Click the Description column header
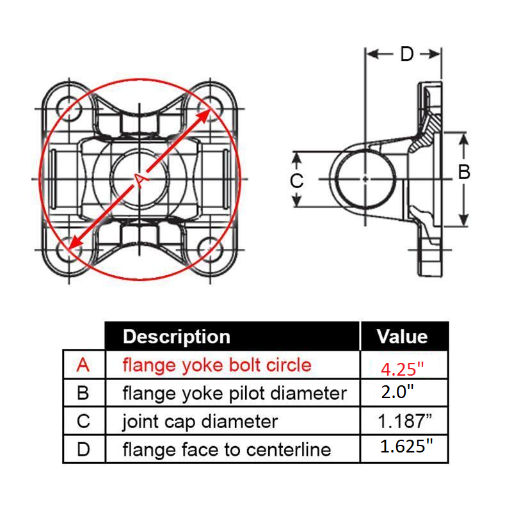click(176, 337)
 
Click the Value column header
click(402, 337)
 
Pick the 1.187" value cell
click(403, 420)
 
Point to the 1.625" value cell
click(403, 446)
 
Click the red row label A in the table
click(83, 365)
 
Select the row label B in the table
click(83, 392)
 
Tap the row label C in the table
click(83, 421)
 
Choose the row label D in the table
click(83, 449)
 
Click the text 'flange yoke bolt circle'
click(216, 365)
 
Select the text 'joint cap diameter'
click(200, 422)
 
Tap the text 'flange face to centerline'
click(227, 449)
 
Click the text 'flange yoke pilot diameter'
click(234, 393)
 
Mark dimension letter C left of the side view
click(296, 181)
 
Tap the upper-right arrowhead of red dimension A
click(207, 113)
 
